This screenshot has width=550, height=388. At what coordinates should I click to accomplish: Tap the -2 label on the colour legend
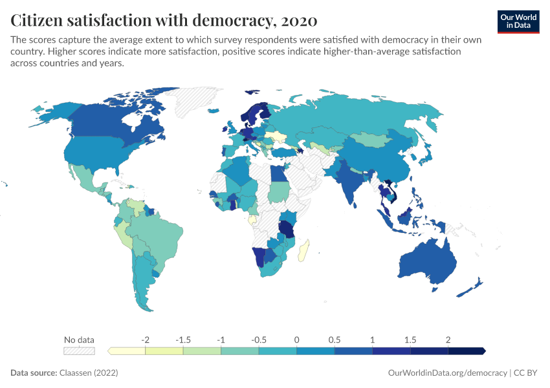pyautogui.click(x=146, y=339)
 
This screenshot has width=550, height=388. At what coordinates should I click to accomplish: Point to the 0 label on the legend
pyautogui.click(x=296, y=339)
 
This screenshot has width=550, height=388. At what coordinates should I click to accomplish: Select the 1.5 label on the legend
pyautogui.click(x=410, y=339)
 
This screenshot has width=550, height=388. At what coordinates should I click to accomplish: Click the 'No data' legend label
pyautogui.click(x=79, y=339)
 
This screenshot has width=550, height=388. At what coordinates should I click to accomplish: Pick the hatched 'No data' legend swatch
pyautogui.click(x=79, y=350)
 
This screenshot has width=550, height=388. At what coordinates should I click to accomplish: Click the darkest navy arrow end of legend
pyautogui.click(x=482, y=350)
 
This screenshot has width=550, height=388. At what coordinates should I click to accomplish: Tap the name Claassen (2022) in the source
pyautogui.click(x=89, y=373)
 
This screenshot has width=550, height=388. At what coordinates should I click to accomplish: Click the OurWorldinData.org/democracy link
pyautogui.click(x=447, y=373)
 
